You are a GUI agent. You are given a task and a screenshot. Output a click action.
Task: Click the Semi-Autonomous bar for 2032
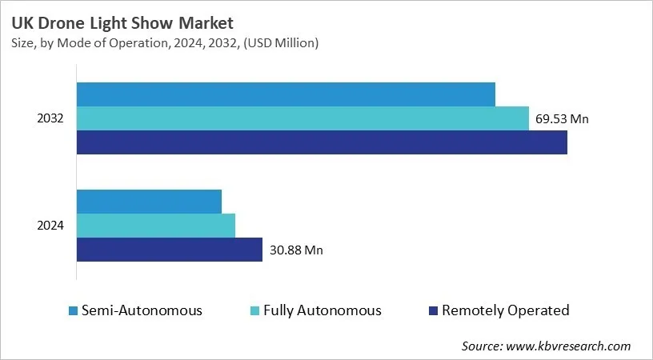(x=286, y=94)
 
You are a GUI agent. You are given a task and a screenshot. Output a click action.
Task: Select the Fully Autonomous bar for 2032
(x=302, y=118)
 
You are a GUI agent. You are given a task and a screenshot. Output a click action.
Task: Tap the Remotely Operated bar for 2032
(x=322, y=142)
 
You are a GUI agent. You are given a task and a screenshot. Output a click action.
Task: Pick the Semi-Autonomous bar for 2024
(x=149, y=202)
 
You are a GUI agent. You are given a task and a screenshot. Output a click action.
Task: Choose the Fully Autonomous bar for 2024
(x=156, y=226)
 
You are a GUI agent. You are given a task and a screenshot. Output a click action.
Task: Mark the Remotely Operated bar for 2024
(x=170, y=250)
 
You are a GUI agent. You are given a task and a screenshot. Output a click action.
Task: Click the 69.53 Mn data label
(x=562, y=119)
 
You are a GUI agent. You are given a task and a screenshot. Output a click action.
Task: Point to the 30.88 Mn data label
(x=296, y=250)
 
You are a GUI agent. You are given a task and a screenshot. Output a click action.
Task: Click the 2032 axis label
(x=50, y=118)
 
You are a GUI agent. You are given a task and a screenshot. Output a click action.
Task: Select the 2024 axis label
(x=50, y=226)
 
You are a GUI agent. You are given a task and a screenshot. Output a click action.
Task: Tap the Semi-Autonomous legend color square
(x=73, y=310)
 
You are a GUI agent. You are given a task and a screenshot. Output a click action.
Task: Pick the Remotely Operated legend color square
(x=433, y=310)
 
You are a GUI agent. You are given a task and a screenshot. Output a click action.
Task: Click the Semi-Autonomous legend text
(x=142, y=310)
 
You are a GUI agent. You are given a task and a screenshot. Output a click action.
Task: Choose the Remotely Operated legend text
(x=505, y=310)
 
